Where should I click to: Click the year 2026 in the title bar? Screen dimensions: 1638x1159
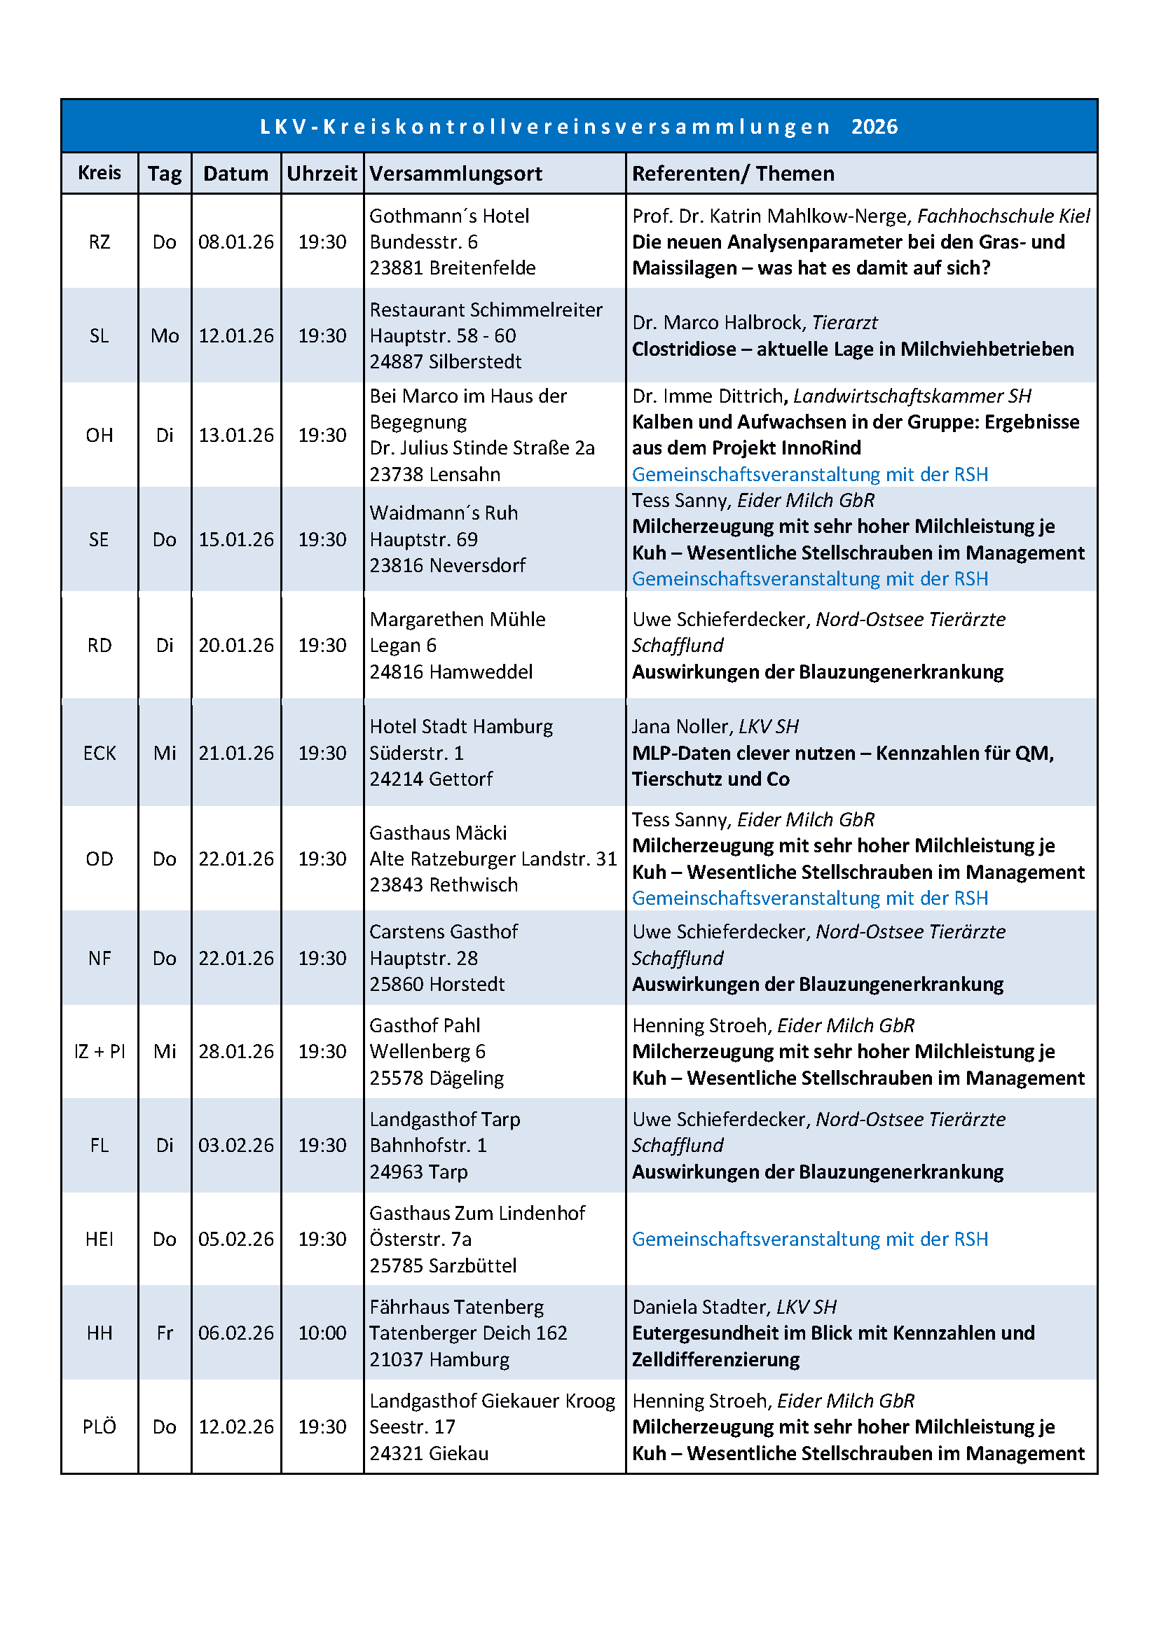tap(875, 127)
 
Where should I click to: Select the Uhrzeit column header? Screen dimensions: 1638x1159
tap(322, 174)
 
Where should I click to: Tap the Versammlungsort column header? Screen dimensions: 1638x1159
tap(455, 174)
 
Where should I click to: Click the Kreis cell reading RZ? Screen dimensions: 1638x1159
tap(100, 242)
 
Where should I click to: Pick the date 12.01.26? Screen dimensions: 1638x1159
tap(235, 335)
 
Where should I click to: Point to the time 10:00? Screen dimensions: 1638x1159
tap(322, 1333)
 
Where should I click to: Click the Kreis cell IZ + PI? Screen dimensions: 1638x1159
tap(100, 1051)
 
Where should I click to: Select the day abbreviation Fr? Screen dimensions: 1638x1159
tap(165, 1333)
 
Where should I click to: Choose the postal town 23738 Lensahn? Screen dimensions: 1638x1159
tap(434, 473)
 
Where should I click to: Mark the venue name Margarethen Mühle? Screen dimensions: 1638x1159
tap(457, 618)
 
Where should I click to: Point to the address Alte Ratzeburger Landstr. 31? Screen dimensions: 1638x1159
tap(493, 859)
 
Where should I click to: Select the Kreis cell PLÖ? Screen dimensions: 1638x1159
tap(100, 1426)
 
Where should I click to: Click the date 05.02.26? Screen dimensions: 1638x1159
tap(235, 1239)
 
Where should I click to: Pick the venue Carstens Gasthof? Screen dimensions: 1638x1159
tap(443, 931)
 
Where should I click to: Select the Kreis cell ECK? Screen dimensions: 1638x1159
tap(100, 753)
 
